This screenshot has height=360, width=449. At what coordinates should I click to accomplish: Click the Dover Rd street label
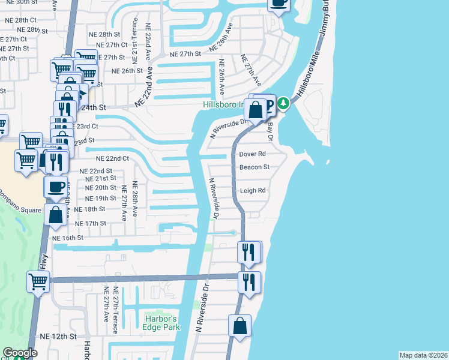tap(252, 154)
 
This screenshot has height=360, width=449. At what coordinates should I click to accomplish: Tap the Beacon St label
tap(255, 167)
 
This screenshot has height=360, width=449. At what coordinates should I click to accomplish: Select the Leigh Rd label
tap(253, 191)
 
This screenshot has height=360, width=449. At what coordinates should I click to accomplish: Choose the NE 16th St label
tap(68, 238)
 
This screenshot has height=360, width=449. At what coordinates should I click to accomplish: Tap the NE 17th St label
tap(90, 223)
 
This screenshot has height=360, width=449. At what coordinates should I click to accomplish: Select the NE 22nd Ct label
tap(113, 158)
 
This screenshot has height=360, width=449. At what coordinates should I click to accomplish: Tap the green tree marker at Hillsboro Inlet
tap(283, 104)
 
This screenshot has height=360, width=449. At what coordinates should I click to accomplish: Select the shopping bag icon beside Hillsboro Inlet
tap(256, 110)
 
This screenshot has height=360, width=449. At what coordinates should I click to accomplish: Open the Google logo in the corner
tap(20, 353)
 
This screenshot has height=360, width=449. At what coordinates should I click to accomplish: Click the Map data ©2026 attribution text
tap(423, 355)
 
